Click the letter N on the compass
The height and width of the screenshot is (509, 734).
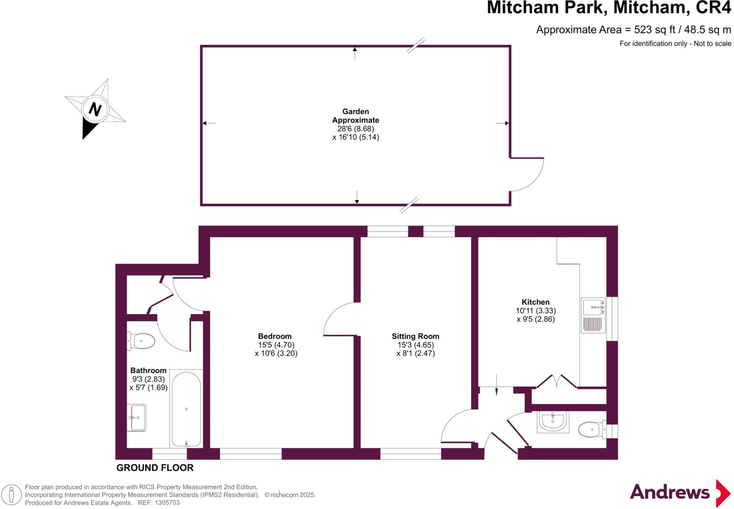(95, 109)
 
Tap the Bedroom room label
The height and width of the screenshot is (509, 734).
(275, 336)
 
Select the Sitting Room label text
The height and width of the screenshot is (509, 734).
(415, 336)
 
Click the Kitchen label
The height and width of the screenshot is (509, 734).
(535, 302)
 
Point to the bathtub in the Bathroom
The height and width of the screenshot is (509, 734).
(186, 409)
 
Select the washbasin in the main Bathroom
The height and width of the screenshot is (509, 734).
(137, 418)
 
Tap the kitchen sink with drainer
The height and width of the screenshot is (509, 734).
(593, 315)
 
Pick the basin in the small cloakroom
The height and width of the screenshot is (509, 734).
(553, 421)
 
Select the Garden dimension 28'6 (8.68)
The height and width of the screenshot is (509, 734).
(356, 129)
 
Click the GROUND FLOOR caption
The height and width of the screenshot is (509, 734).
(155, 468)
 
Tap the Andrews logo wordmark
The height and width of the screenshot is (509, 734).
(669, 492)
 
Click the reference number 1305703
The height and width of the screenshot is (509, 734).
(167, 503)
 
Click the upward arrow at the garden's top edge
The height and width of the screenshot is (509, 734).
(355, 53)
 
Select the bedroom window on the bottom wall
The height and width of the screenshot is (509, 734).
(251, 454)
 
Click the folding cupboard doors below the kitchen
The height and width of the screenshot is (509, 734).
(556, 381)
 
